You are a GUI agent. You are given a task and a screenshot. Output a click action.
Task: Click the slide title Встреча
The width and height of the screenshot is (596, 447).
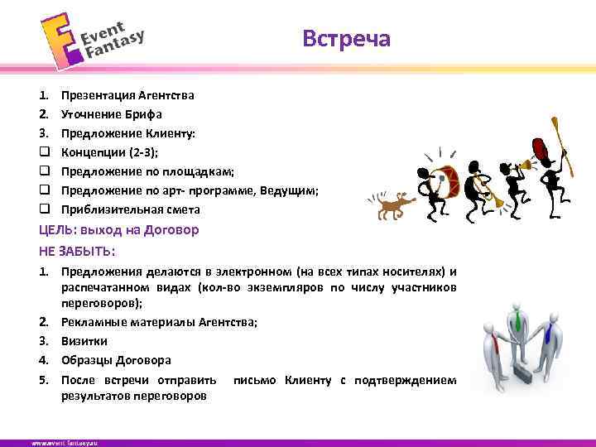click(x=346, y=39)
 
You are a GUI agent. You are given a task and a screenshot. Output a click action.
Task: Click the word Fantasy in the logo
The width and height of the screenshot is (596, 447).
click(x=115, y=44)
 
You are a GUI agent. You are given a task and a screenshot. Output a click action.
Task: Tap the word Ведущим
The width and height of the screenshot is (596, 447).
click(x=289, y=190)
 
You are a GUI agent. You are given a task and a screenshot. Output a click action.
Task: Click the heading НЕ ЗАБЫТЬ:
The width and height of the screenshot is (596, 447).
click(x=77, y=250)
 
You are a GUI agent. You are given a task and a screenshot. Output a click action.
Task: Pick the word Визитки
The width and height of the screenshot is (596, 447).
click(x=84, y=341)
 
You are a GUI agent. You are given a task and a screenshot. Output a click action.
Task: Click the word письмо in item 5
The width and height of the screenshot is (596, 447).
click(x=256, y=380)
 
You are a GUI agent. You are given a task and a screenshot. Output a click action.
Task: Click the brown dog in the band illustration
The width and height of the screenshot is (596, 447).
click(x=393, y=205)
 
